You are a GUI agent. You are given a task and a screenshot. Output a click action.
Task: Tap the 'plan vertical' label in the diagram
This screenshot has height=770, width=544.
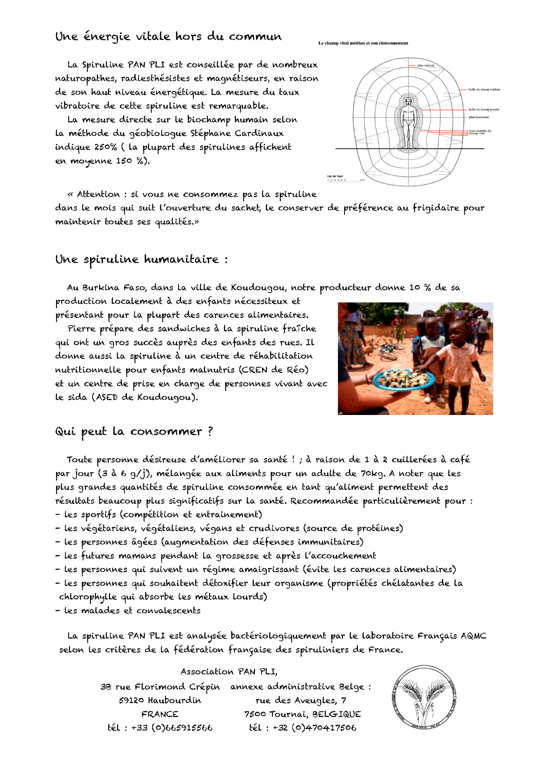(425, 66)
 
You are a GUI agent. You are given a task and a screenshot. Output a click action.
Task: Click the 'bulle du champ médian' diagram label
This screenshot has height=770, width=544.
(484, 90)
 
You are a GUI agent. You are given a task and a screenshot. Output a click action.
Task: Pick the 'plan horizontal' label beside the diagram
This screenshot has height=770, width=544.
(479, 117)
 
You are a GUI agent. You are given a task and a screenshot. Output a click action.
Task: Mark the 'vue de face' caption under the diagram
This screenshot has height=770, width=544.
(335, 176)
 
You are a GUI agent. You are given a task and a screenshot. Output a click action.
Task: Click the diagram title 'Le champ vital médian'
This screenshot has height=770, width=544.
(363, 43)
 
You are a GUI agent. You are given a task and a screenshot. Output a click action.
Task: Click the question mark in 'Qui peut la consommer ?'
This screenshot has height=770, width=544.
(210, 431)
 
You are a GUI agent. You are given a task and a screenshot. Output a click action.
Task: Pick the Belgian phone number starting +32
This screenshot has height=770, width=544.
(314, 728)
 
